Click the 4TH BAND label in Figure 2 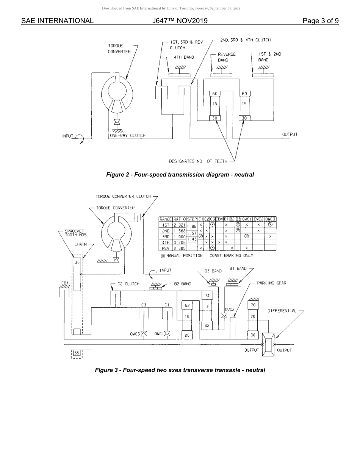tap(184, 57)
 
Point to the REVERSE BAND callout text tap(226, 57)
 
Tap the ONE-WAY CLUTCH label tap(127, 135)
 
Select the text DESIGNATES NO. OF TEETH tap(198, 161)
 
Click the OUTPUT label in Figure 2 tap(290, 134)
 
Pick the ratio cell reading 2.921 tap(179, 225)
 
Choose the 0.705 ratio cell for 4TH tap(179, 242)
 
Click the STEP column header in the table tap(192, 219)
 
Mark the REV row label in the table tap(166, 249)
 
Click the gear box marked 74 tap(207, 296)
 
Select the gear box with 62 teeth tap(187, 305)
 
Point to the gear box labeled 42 tap(207, 325)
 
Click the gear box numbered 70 tap(253, 305)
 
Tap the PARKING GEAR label tap(271, 283)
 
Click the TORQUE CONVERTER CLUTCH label tap(123, 196)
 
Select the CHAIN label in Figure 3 tap(80, 244)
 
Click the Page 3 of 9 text tap(320, 21)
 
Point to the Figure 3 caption tap(180, 370)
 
